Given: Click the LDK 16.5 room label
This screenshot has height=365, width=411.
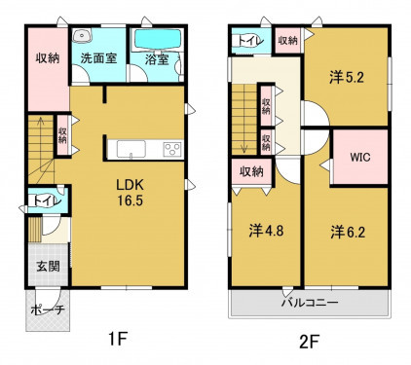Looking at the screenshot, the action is point(130,193).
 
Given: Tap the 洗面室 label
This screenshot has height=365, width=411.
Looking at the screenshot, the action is point(98,58).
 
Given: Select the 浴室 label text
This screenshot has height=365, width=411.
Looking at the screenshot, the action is point(157,59).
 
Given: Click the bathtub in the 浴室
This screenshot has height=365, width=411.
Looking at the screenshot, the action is point(158,40).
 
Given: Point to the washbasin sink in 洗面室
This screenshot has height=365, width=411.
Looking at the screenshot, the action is point(81,35).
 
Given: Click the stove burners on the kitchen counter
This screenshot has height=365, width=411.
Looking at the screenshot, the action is point(172,150).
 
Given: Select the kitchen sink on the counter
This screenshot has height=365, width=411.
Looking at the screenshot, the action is point(131,149).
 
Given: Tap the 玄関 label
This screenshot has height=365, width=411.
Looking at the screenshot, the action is point(48,267).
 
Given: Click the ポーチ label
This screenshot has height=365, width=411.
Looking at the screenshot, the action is point(48,310).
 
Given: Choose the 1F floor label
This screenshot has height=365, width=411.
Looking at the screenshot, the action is point(117,340).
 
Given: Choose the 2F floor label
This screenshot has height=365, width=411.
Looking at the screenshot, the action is point(309,342).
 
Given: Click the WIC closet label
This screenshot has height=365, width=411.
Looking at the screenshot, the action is point(360,158).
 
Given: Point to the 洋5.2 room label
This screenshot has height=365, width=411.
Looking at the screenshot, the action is point(347,78).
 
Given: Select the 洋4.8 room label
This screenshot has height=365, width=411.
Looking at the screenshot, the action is point(266,231).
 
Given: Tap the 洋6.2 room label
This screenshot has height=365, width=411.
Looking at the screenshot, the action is point(348,233).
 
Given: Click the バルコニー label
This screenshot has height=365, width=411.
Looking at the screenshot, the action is point(310,303).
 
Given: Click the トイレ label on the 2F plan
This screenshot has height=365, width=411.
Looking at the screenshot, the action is point(249,41).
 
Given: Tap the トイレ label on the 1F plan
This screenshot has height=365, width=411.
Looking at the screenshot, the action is point(47,201).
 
